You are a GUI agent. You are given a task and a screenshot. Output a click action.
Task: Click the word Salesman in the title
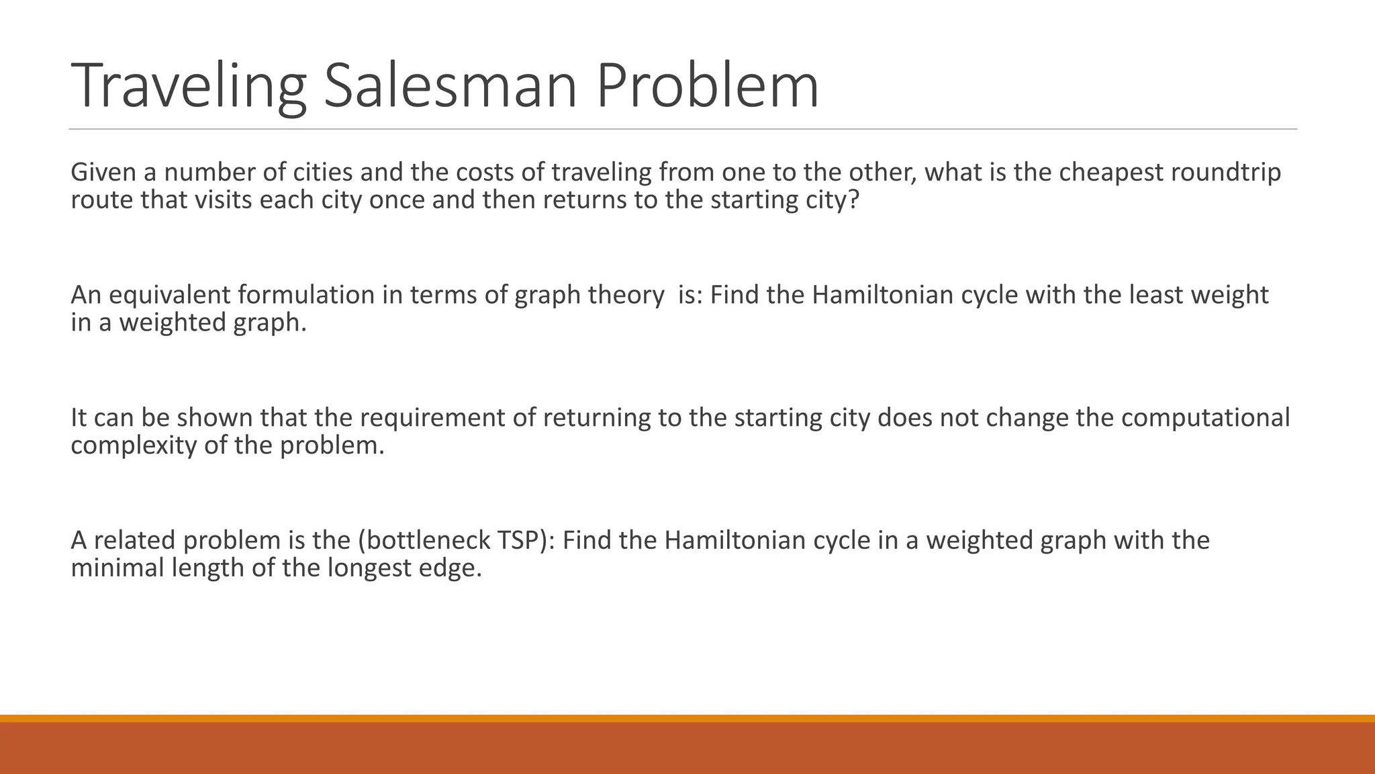(450, 86)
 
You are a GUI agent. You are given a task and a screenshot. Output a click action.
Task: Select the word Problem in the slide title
(707, 86)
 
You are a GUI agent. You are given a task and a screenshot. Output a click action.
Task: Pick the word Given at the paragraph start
(103, 173)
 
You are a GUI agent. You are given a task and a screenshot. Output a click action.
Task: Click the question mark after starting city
(853, 200)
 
